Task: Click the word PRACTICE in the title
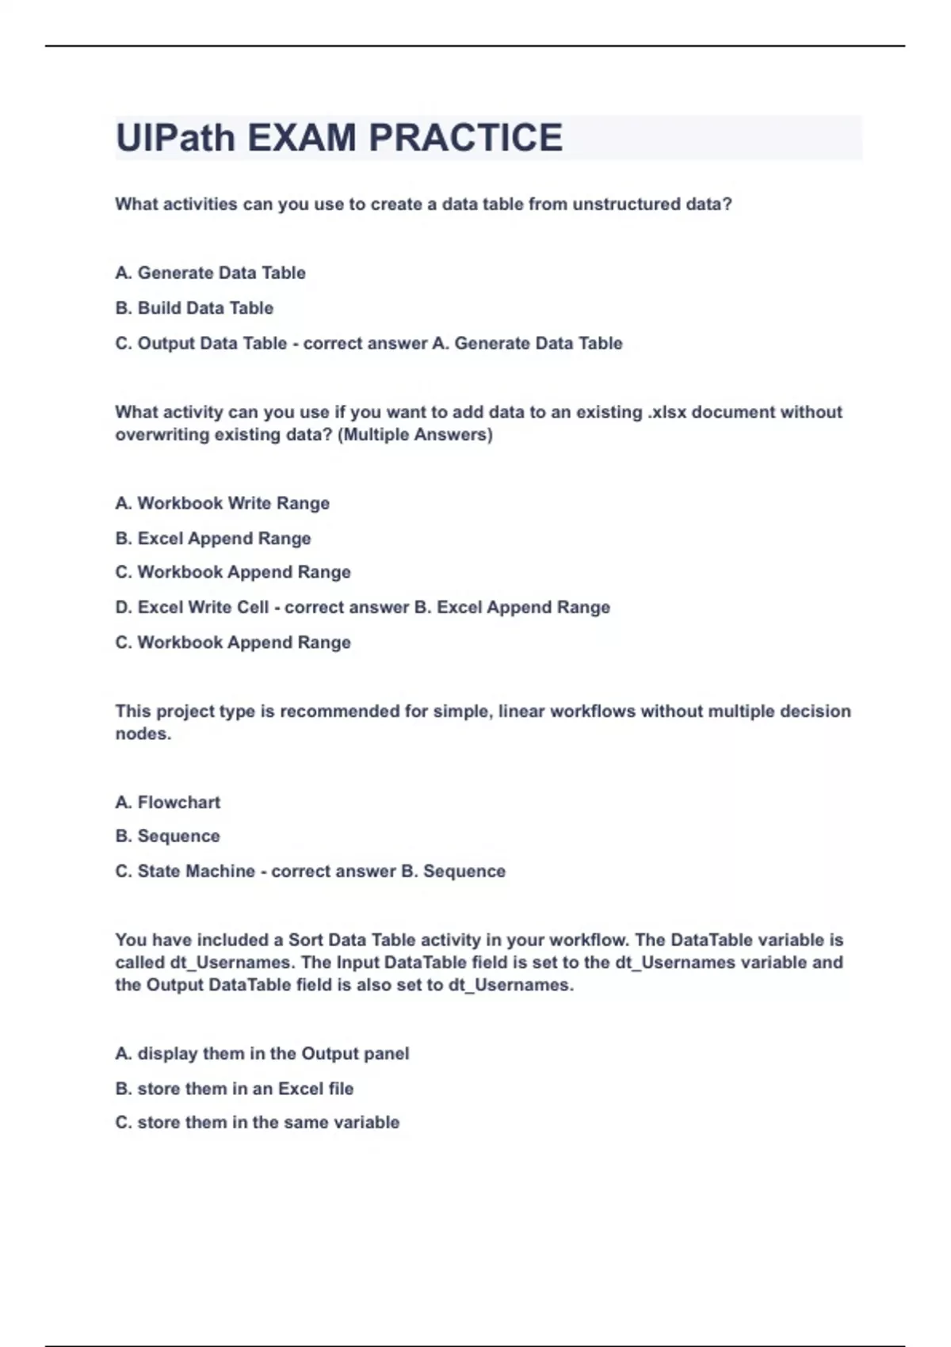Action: (x=465, y=138)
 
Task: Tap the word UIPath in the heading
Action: (x=176, y=138)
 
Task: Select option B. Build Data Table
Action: (x=194, y=308)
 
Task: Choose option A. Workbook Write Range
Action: (x=222, y=503)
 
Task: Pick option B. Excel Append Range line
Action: (x=212, y=539)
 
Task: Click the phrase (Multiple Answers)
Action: (x=415, y=435)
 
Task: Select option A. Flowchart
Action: (x=167, y=803)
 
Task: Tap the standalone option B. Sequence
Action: (x=167, y=837)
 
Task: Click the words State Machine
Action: (x=196, y=872)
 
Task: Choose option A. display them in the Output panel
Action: (x=262, y=1054)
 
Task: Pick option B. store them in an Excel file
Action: (x=234, y=1089)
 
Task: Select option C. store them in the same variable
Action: (x=257, y=1123)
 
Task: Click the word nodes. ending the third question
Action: (x=143, y=734)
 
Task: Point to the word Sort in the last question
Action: (x=305, y=941)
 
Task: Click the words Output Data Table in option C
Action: (x=212, y=344)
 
